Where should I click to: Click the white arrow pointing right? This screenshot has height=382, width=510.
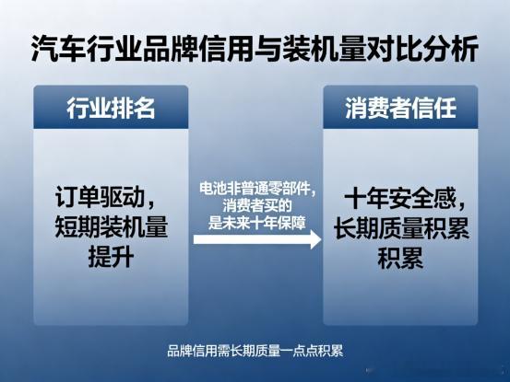257,239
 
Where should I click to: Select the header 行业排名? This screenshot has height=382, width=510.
111,108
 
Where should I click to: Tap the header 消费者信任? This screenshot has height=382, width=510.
400,108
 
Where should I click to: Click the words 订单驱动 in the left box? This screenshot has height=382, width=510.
100,197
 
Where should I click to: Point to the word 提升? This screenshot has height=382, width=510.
111,257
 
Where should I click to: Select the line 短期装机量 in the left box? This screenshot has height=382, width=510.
111,226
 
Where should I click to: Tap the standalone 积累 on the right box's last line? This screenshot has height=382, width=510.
400,258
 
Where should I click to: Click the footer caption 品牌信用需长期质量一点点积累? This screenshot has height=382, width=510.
255,351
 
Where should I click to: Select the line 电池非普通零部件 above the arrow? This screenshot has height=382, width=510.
255,189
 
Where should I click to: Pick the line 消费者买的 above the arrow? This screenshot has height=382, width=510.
257,206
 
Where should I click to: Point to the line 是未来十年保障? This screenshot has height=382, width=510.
257,223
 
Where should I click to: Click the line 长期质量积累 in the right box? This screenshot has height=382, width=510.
401,227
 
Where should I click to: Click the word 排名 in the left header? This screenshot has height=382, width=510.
133,108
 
